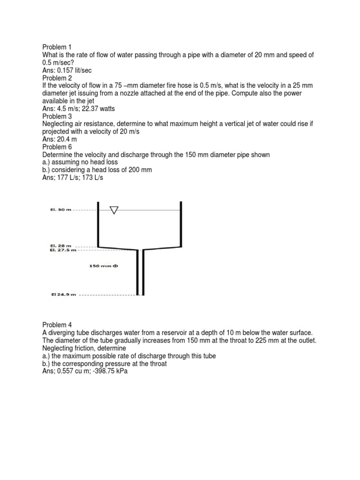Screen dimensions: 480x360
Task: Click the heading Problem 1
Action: click(57, 47)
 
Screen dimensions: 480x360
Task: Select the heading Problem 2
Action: click(57, 78)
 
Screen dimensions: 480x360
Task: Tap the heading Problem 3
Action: click(57, 116)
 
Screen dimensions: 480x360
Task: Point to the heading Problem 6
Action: click(57, 147)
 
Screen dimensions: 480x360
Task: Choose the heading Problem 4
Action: click(57, 325)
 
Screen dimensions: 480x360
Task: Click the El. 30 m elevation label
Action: click(60, 210)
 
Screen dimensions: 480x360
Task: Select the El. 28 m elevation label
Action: click(60, 246)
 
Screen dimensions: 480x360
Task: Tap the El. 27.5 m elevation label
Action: click(62, 250)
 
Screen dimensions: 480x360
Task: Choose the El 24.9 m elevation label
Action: click(63, 295)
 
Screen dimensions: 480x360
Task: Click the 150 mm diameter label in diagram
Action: click(104, 266)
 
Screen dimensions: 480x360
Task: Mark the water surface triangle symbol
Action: click(114, 210)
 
